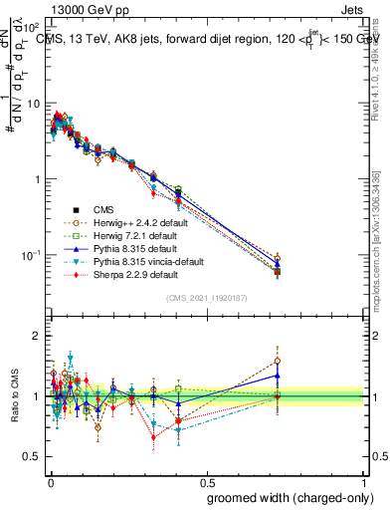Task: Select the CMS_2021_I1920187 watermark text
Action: (207, 299)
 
